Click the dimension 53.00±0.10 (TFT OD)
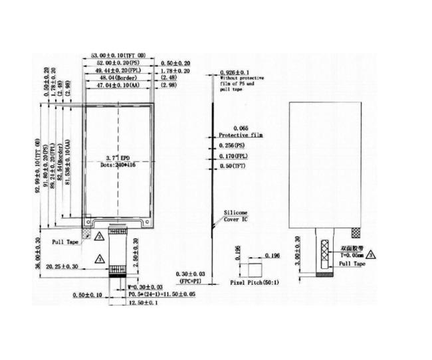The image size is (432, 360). point(119,56)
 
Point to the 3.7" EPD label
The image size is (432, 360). point(117,157)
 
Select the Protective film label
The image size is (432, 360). point(241,134)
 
